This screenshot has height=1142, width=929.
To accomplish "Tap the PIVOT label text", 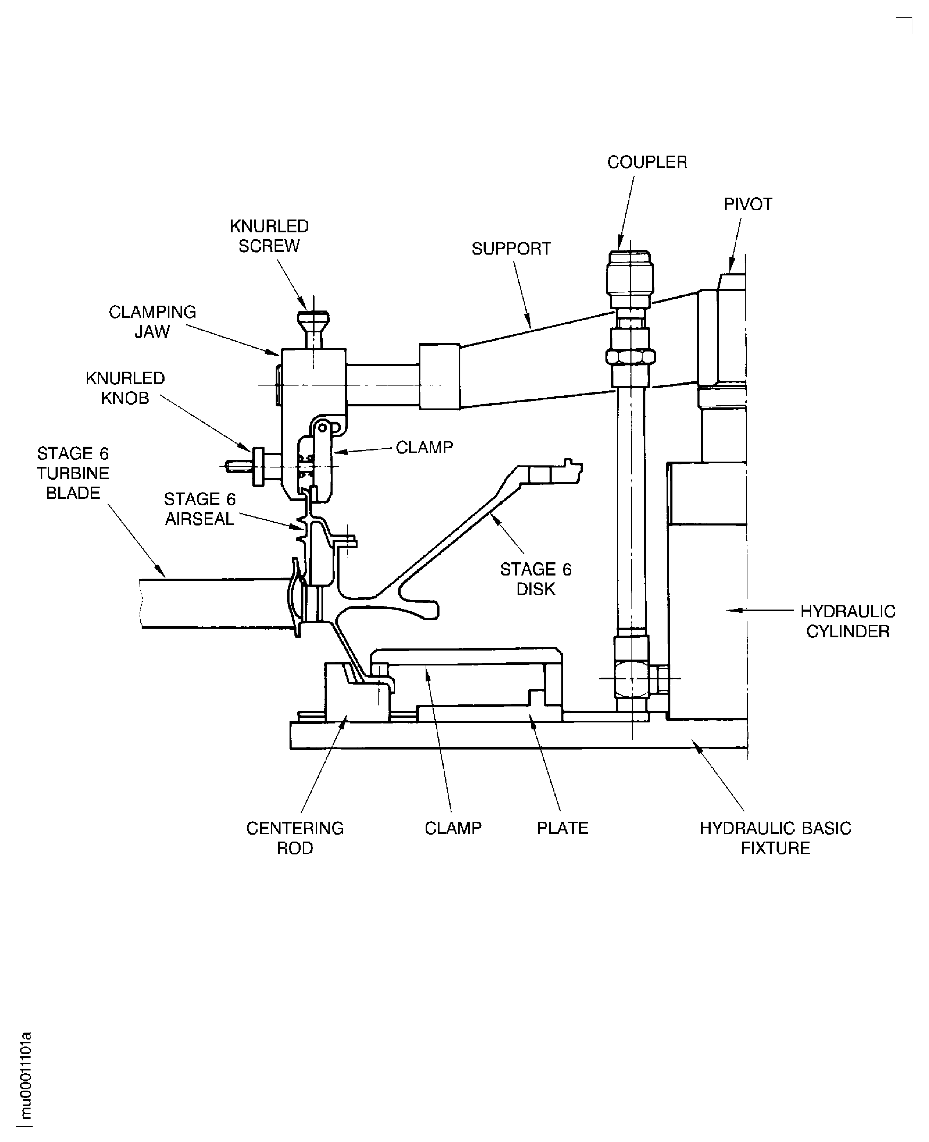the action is pyautogui.click(x=747, y=205).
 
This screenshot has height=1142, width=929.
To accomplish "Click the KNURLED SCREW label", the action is pyautogui.click(x=269, y=236).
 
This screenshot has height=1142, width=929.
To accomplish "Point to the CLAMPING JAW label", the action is pyautogui.click(x=152, y=322).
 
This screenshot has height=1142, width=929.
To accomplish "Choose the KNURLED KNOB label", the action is pyautogui.click(x=125, y=388).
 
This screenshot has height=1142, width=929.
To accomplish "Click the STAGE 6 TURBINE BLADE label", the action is pyautogui.click(x=73, y=473).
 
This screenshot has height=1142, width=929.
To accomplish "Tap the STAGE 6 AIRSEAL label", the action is pyautogui.click(x=200, y=509).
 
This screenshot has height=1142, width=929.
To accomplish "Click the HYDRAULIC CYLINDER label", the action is pyautogui.click(x=848, y=622).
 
